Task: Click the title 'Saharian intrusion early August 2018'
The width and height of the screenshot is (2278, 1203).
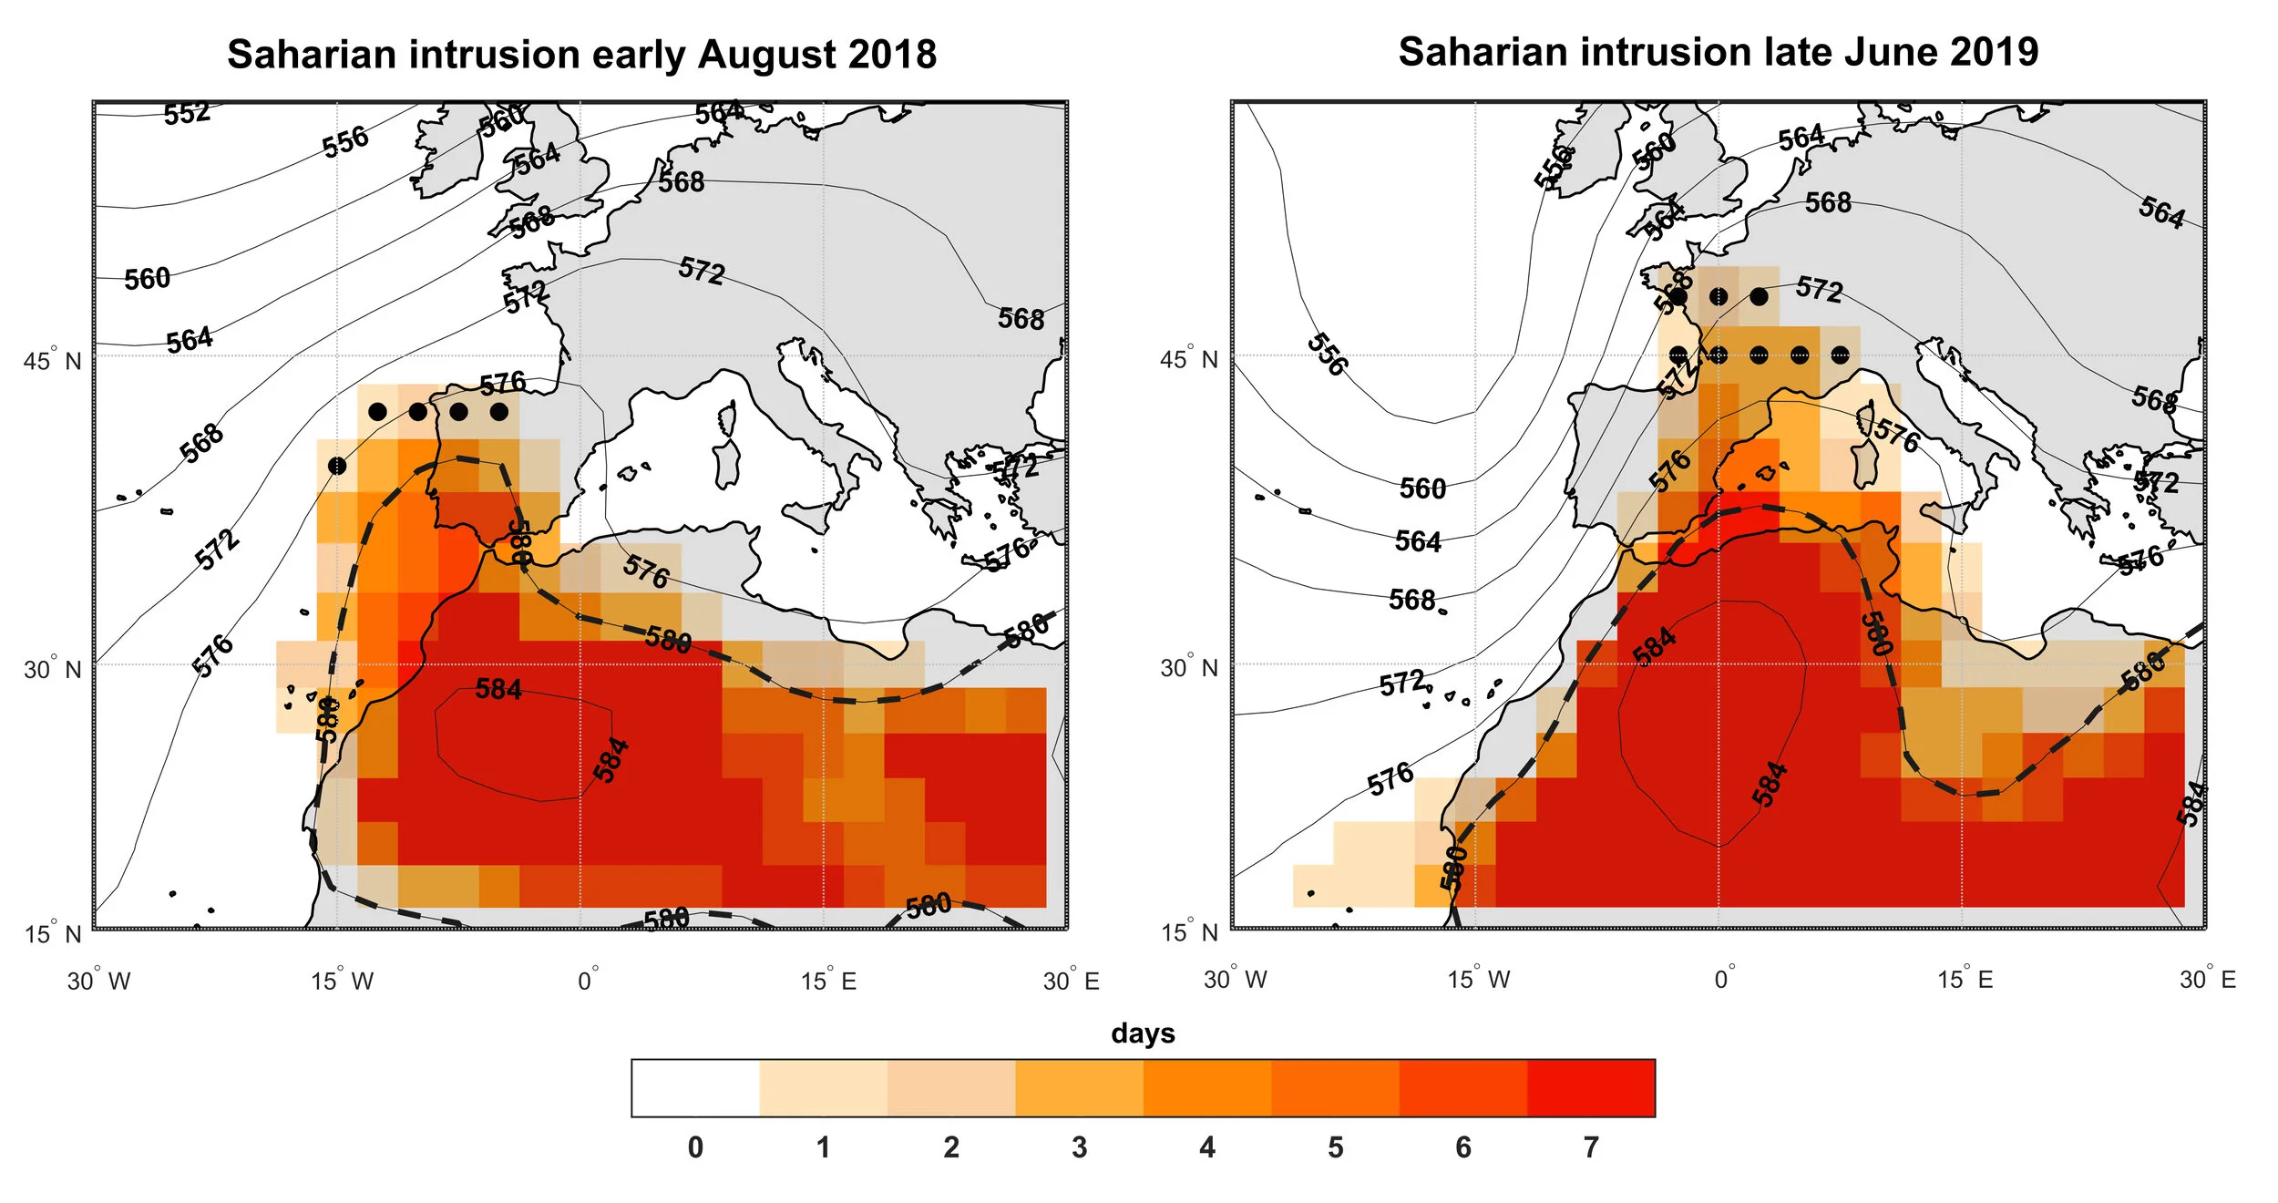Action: point(581,55)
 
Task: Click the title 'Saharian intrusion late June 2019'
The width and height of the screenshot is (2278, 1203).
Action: point(1718,52)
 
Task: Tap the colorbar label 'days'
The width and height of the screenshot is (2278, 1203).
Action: point(1143,1033)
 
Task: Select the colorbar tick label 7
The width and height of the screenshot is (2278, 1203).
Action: point(1591,1147)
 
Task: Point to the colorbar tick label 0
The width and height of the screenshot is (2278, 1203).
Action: point(695,1147)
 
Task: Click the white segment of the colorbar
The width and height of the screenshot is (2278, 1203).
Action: point(695,1088)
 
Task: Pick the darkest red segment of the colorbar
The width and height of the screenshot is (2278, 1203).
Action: point(1591,1088)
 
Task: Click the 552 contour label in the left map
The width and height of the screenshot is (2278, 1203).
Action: point(187,114)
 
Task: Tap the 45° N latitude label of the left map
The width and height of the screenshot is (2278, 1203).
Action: point(52,361)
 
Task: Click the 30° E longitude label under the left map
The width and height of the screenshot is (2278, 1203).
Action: point(1071,982)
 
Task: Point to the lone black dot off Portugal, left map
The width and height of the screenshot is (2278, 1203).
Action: point(337,466)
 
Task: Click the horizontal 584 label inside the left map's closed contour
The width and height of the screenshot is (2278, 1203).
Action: point(498,689)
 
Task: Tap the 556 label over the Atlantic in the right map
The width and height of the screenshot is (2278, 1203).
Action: point(1326,355)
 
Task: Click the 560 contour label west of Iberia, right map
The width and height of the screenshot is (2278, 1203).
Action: point(1422,489)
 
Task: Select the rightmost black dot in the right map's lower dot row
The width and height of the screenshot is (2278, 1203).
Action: point(1840,355)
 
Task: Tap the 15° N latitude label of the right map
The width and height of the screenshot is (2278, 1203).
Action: point(1188,932)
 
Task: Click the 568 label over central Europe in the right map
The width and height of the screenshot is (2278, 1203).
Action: point(1828,202)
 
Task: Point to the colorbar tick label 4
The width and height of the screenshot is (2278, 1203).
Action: point(1207,1147)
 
